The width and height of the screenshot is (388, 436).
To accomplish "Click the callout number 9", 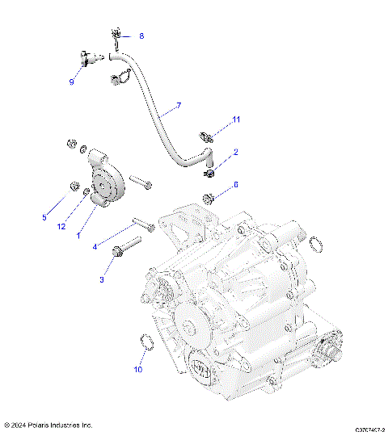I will pos(71,82).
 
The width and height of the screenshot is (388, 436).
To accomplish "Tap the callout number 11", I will pos(236,119).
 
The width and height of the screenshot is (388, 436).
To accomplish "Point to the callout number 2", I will pos(236,152).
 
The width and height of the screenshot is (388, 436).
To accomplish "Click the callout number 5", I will pos(44,217).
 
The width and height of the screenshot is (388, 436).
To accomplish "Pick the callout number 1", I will pos(78,236).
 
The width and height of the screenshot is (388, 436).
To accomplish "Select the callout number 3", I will pos(102,280).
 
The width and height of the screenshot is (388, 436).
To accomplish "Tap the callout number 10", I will pos(137,370).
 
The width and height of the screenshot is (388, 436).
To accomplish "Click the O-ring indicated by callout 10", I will pos(146,342).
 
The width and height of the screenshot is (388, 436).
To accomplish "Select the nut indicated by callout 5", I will pos(74,188).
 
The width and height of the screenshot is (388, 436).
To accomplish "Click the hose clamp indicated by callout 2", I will pos(209,171).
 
